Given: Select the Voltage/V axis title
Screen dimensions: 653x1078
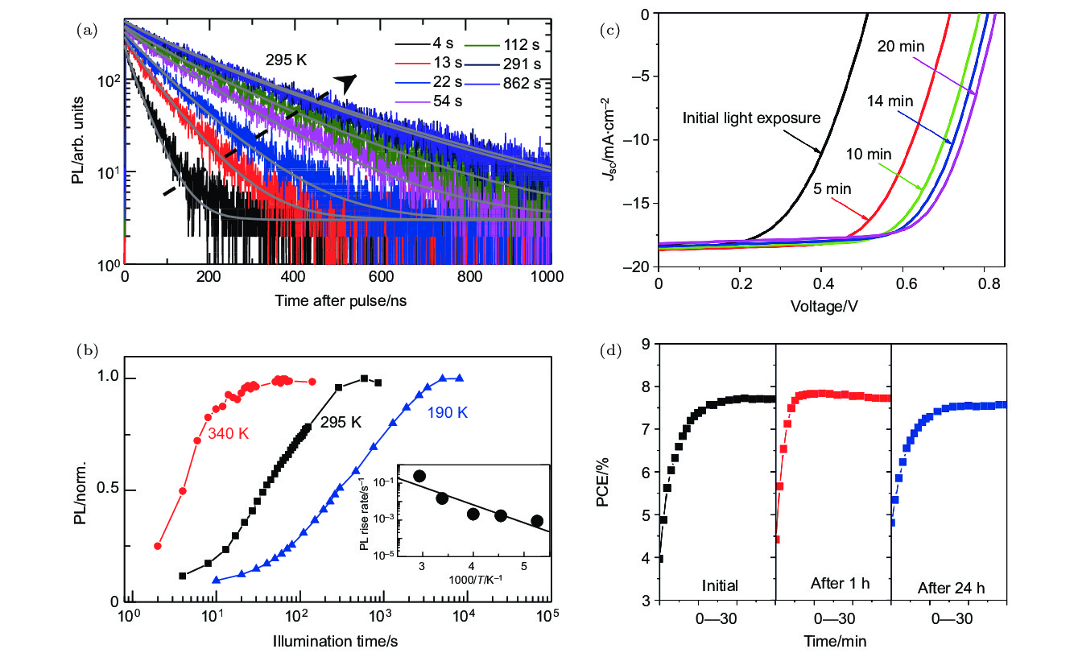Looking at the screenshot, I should pyautogui.click(x=828, y=306).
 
